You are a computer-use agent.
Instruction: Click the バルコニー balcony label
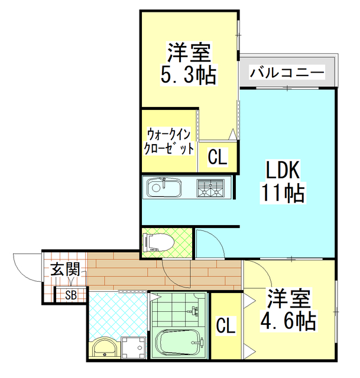point(287,73)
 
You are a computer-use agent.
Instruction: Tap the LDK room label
point(283,171)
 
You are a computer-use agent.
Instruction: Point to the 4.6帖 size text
point(288,321)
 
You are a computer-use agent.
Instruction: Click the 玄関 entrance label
point(65,270)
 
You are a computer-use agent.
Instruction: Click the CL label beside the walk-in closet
point(217,158)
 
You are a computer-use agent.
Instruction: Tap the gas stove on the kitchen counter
point(212,188)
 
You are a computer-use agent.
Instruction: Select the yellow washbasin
point(105,348)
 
